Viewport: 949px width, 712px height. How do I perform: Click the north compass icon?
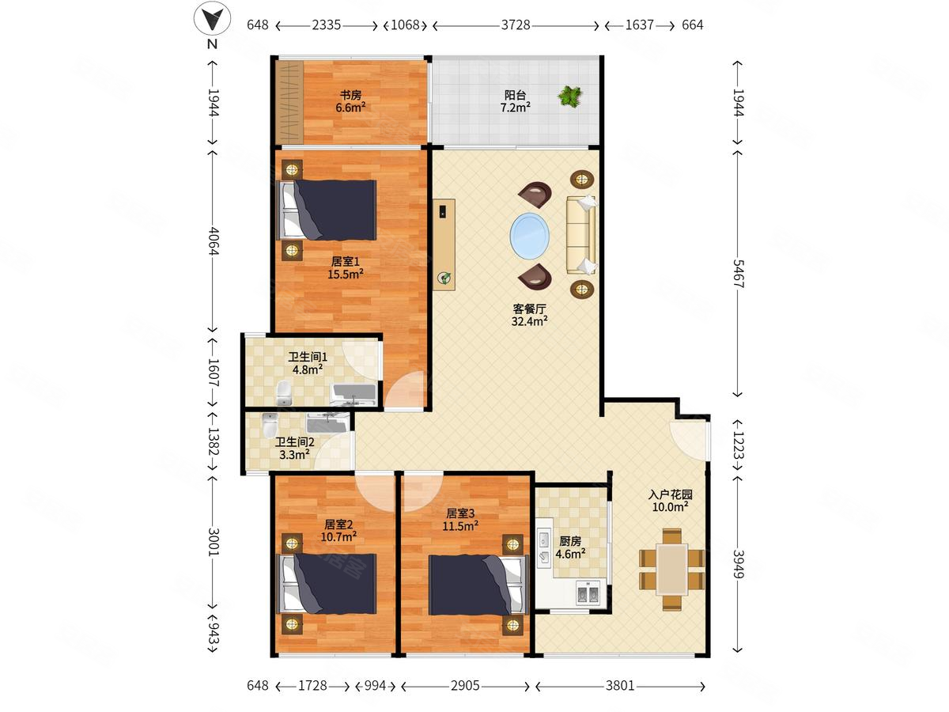pyautogui.click(x=212, y=18)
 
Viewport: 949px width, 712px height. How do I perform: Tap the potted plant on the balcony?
pyautogui.click(x=570, y=96)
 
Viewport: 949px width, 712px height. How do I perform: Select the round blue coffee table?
pyautogui.click(x=529, y=236)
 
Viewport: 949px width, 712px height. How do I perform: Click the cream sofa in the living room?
pyautogui.click(x=581, y=235)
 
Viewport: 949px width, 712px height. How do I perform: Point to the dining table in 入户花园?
pyautogui.click(x=671, y=569)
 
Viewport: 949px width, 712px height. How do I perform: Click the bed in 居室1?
pyautogui.click(x=327, y=210)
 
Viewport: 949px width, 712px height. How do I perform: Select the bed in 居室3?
pyautogui.click(x=478, y=585)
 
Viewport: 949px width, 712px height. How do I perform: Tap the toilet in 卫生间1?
pyautogui.click(x=284, y=392)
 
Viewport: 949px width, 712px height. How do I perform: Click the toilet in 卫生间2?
pyautogui.click(x=270, y=425)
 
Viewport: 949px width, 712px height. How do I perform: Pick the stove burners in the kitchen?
pyautogui.click(x=588, y=593)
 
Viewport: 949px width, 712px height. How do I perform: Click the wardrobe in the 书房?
pyautogui.click(x=289, y=102)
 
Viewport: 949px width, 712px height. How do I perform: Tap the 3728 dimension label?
pyautogui.click(x=516, y=25)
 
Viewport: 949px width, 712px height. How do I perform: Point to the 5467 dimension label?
pyautogui.click(x=738, y=274)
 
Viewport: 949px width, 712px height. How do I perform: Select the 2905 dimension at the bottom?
pyautogui.click(x=465, y=685)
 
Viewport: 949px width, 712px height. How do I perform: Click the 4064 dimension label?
pyautogui.click(x=214, y=240)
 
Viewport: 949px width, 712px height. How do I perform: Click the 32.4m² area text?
pyautogui.click(x=529, y=321)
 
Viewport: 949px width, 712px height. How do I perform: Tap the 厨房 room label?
pyautogui.click(x=570, y=541)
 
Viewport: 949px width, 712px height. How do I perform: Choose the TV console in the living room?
pyautogui.click(x=444, y=244)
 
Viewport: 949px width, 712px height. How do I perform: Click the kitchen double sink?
pyautogui.click(x=543, y=547)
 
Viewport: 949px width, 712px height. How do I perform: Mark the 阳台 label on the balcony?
pyautogui.click(x=515, y=95)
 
